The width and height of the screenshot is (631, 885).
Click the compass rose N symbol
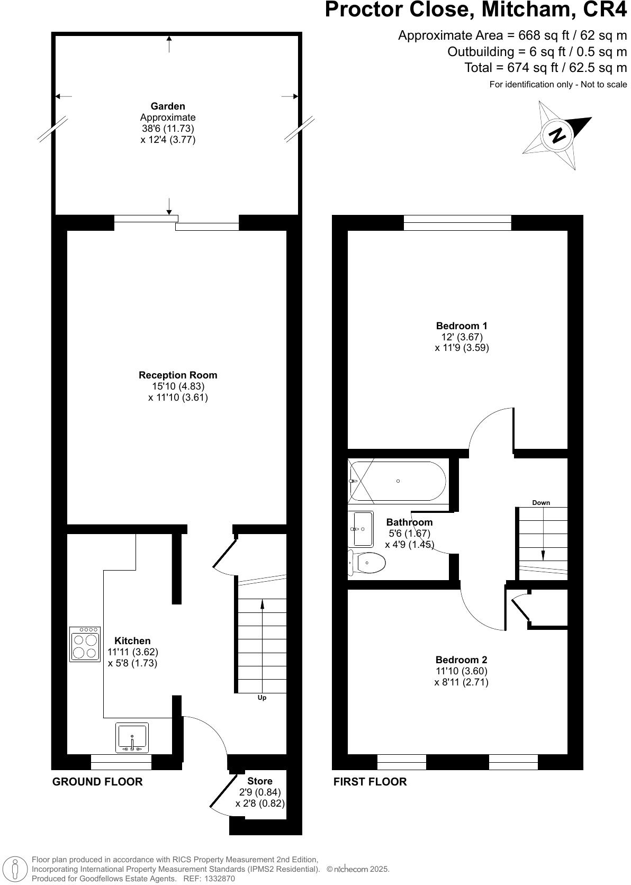(x=557, y=136)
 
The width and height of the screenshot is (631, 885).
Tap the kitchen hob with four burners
(x=85, y=644)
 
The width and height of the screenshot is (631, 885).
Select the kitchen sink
(x=132, y=737)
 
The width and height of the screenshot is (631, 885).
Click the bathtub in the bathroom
(x=398, y=481)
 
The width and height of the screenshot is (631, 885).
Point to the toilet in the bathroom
(x=367, y=563)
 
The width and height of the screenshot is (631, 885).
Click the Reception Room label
(x=178, y=375)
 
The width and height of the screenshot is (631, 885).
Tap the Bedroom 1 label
(x=462, y=326)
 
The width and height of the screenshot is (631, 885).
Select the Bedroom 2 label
(x=461, y=660)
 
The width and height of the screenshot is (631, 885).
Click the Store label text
(x=260, y=781)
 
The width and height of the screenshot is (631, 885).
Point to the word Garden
(x=168, y=106)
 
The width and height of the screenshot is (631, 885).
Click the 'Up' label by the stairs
(x=262, y=698)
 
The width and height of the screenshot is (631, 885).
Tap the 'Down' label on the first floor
(x=541, y=502)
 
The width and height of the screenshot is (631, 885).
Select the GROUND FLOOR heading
(x=97, y=781)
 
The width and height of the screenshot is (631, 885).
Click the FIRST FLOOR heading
(x=370, y=781)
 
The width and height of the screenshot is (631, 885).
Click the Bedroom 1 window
(x=457, y=223)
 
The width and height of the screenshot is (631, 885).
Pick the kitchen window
(x=121, y=762)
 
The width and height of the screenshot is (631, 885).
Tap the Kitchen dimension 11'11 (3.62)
(x=132, y=652)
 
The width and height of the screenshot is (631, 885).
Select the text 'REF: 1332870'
(x=209, y=878)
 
